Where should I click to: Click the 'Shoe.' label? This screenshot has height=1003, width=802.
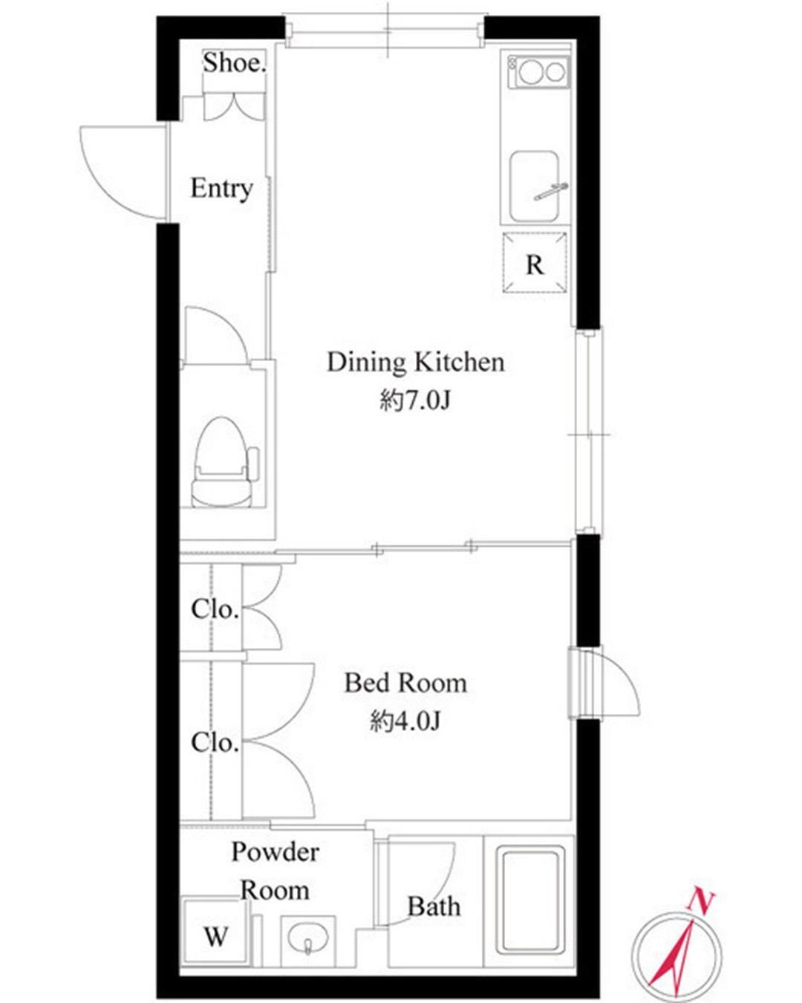coord(234,63)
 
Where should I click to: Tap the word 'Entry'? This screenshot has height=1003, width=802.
coord(222,189)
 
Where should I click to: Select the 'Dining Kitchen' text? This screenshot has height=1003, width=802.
coord(415,362)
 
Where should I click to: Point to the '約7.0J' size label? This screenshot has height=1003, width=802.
coord(415,400)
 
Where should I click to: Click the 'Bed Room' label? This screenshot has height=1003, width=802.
coord(405,684)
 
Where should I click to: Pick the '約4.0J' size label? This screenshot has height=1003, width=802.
coord(405,721)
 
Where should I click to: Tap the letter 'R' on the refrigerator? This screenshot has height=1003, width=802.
coord(534,265)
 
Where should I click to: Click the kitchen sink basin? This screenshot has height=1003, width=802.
coord(534,186)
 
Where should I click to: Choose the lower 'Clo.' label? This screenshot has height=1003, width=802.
coord(215,742)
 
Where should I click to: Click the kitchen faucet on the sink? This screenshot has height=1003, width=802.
coord(551,191)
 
